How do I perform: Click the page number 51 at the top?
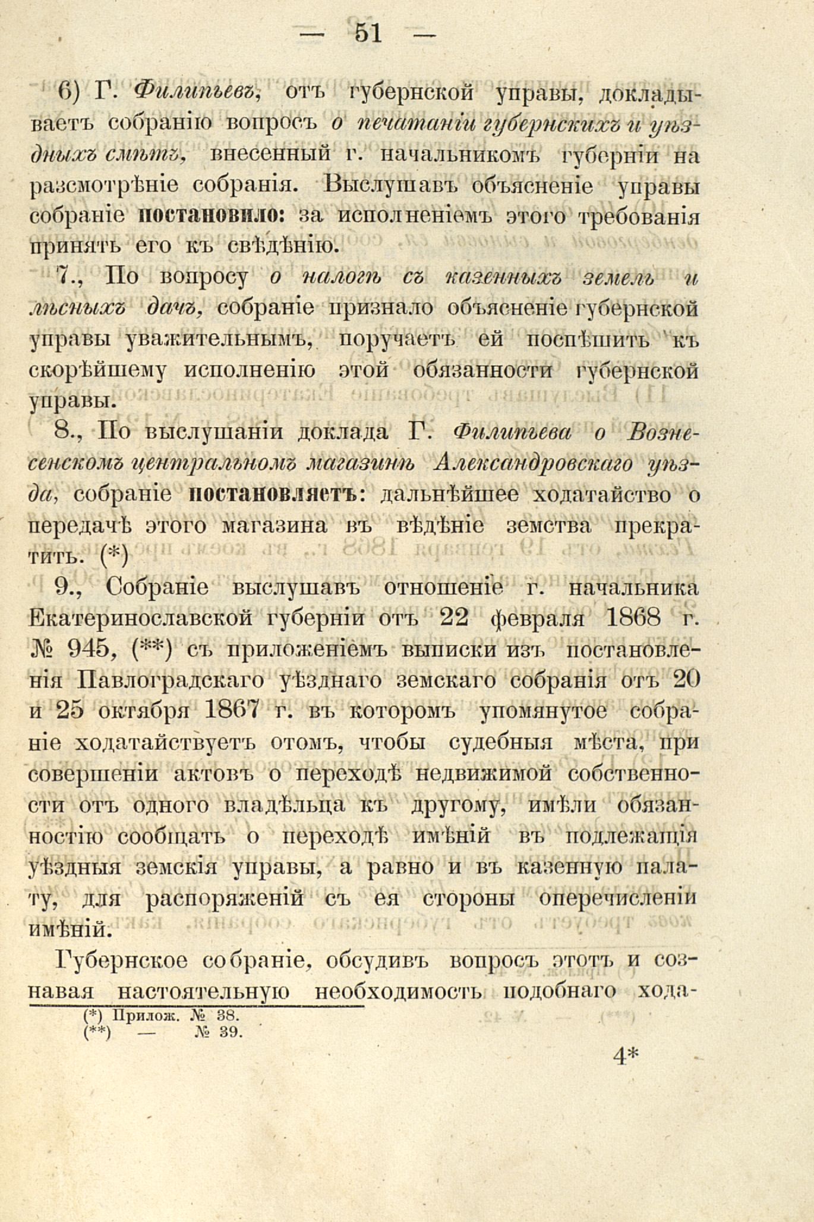pyautogui.click(x=368, y=33)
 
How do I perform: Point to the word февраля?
pyautogui.click(x=535, y=618)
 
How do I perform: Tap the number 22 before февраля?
pyautogui.click(x=455, y=618)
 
